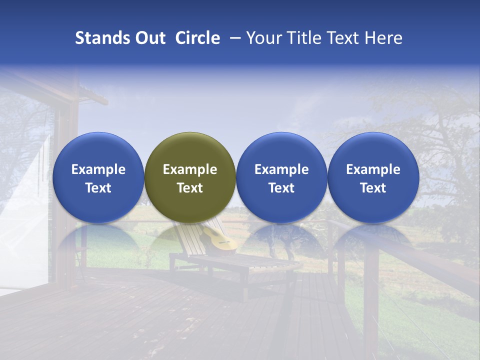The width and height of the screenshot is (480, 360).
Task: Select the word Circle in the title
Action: tap(197, 38)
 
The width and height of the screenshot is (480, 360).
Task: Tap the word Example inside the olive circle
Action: tap(190, 169)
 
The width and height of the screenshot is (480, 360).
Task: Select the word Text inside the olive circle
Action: tap(190, 188)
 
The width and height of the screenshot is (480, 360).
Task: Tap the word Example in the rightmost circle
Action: tap(373, 169)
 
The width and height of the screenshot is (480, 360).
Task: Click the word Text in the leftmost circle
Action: tap(98, 188)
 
